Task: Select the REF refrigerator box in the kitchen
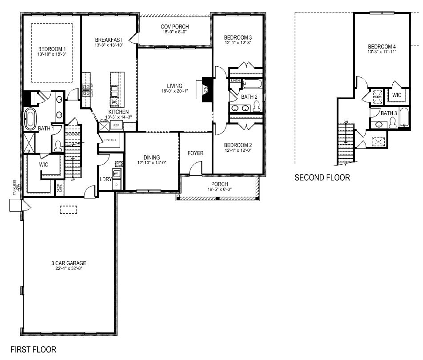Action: [x=117, y=125]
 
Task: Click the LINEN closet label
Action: [x=235, y=81]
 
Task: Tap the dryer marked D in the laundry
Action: [x=117, y=184]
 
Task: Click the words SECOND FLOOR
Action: [x=322, y=178]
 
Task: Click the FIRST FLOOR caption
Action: [x=33, y=349]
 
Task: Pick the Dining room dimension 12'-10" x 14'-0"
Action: [x=151, y=163]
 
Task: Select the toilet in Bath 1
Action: [x=58, y=145]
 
